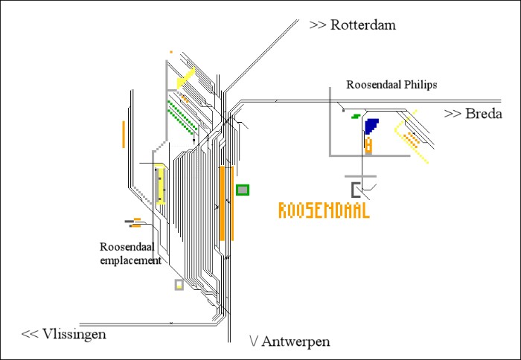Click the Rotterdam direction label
(353, 25)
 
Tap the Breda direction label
(473, 114)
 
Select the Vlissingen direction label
(64, 334)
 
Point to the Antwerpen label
(290, 341)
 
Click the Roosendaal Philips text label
(391, 85)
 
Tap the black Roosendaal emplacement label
(130, 253)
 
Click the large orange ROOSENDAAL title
(324, 210)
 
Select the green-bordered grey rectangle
(243, 190)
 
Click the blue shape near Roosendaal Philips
(371, 125)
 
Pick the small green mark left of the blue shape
(357, 116)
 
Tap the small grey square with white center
(179, 284)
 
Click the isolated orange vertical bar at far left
(124, 133)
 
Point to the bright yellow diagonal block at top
(185, 77)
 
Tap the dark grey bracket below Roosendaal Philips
(357, 189)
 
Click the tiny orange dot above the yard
(171, 52)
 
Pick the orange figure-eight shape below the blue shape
(368, 146)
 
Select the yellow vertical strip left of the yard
(161, 186)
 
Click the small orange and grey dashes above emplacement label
(134, 221)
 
